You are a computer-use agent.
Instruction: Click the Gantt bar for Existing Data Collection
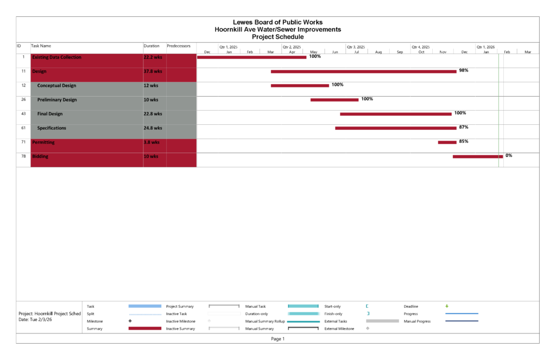click(x=251, y=57)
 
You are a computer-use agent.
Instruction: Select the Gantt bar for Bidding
click(x=478, y=156)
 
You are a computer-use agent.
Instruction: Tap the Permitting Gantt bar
click(x=447, y=142)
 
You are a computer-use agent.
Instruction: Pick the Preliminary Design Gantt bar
click(x=334, y=100)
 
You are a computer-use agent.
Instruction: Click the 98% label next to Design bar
click(x=463, y=71)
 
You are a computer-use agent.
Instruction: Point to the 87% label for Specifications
click(x=463, y=127)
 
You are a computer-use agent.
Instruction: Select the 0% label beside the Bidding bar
click(x=509, y=155)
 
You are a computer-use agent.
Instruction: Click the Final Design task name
click(x=50, y=114)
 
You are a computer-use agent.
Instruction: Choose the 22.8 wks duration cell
click(x=153, y=114)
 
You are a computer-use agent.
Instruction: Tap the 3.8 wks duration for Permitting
click(x=151, y=142)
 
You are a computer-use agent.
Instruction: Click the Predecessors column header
click(x=179, y=46)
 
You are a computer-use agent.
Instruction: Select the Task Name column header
click(x=41, y=46)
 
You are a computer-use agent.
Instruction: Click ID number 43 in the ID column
click(x=23, y=114)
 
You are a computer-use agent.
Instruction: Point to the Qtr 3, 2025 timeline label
click(x=356, y=47)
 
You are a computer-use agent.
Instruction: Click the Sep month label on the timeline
click(x=400, y=52)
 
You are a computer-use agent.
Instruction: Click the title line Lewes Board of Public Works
click(x=277, y=22)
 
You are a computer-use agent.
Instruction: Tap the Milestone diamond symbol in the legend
click(x=130, y=321)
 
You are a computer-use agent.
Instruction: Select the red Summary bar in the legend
click(x=144, y=329)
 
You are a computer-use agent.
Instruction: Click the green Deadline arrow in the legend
click(x=447, y=306)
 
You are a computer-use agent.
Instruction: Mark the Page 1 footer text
click(x=277, y=339)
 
